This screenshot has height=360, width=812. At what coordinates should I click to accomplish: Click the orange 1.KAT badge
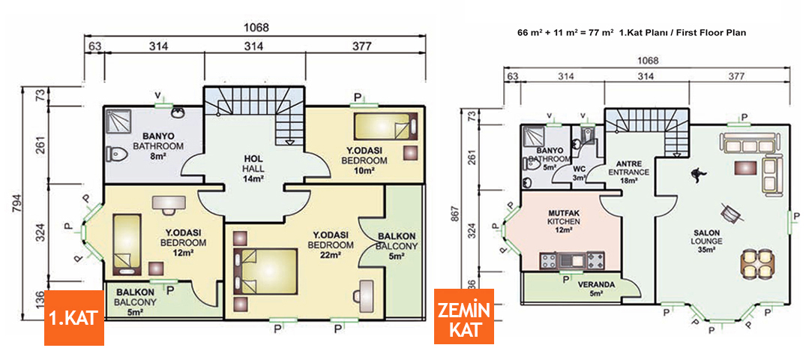pyautogui.click(x=73, y=317)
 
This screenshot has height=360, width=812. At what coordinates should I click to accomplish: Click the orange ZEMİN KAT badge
pyautogui.click(x=464, y=316)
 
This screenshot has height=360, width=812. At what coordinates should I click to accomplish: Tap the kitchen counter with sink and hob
pyautogui.click(x=572, y=261)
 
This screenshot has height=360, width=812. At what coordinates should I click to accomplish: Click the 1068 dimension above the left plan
pyautogui.click(x=255, y=28)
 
